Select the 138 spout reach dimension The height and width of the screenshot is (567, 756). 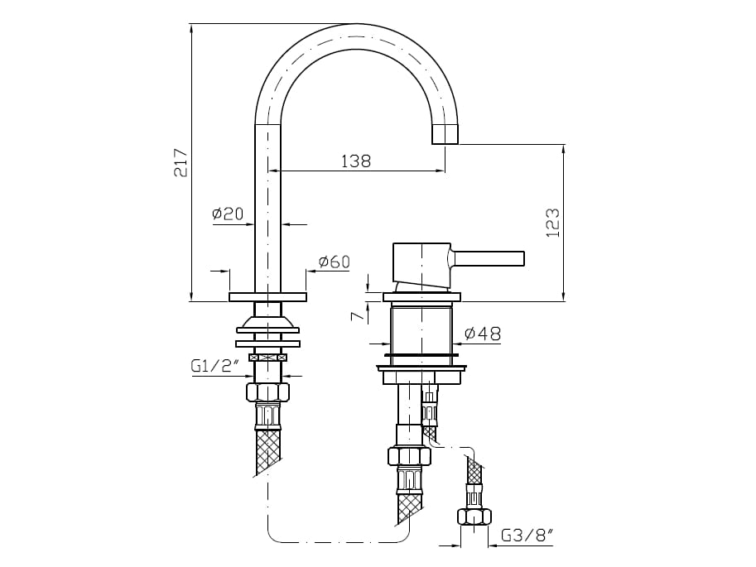pyautogui.click(x=356, y=161)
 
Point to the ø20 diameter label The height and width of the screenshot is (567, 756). pyautogui.click(x=228, y=214)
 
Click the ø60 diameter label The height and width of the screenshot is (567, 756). pyautogui.click(x=334, y=262)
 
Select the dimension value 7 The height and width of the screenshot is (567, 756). pyautogui.click(x=355, y=316)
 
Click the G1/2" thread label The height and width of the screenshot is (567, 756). pyautogui.click(x=214, y=366)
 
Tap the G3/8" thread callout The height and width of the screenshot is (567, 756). pyautogui.click(x=527, y=536)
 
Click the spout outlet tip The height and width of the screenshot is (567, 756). pyautogui.click(x=445, y=135)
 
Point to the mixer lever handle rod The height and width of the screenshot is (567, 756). pyautogui.click(x=489, y=258)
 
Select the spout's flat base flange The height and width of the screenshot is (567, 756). pyautogui.click(x=267, y=297)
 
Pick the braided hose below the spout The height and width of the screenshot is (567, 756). pyautogui.click(x=267, y=451)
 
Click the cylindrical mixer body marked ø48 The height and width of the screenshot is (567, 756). pyautogui.click(x=421, y=329)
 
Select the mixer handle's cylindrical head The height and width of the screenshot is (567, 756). pyautogui.click(x=421, y=262)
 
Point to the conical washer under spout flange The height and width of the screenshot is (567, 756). pyautogui.click(x=267, y=324)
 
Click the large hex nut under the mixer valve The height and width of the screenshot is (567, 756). pyautogui.click(x=409, y=456)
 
